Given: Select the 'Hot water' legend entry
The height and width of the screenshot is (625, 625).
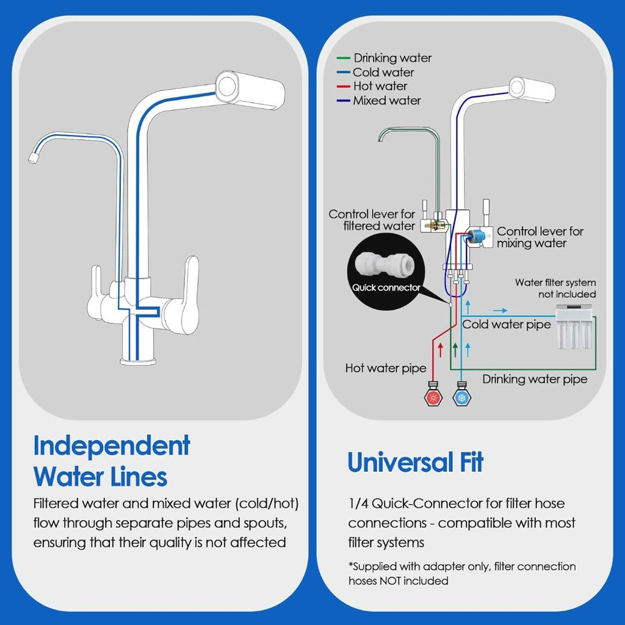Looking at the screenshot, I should [x=380, y=86].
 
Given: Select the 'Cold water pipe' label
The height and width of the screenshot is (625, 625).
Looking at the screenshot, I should [x=506, y=325].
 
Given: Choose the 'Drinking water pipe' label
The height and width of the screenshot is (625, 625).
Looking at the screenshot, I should [x=535, y=379].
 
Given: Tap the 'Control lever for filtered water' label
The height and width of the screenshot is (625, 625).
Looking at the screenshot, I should [x=372, y=220].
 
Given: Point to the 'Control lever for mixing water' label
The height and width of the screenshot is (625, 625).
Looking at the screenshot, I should [x=540, y=237].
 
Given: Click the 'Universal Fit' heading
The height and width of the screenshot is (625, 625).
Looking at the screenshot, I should [x=415, y=462].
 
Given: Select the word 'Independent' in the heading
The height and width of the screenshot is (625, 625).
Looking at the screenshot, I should [x=112, y=446].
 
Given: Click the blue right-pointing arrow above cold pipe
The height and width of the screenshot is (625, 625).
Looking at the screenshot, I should [x=499, y=310].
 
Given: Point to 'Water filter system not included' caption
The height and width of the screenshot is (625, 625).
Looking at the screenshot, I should [x=555, y=288].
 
